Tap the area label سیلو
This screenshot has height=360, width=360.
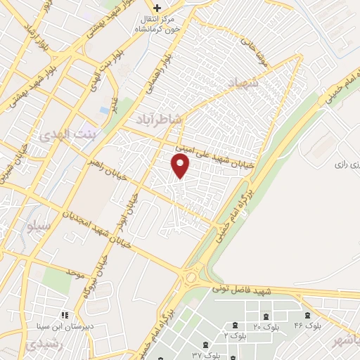(39, 227)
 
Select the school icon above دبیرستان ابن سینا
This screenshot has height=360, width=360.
(65, 314)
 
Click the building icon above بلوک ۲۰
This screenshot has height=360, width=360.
(234, 324)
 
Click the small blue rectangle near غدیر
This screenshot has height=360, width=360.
(105, 110)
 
